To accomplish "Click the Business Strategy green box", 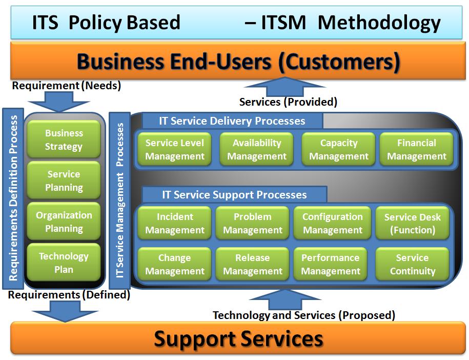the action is click(x=64, y=139).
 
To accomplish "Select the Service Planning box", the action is click(x=64, y=181).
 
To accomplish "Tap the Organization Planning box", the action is click(x=64, y=222).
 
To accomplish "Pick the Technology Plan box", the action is click(x=64, y=263).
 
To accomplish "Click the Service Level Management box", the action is click(x=175, y=149).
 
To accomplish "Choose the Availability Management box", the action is click(x=257, y=149).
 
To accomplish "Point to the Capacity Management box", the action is click(x=339, y=149).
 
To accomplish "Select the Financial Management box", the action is click(x=416, y=149).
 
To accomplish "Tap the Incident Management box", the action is click(x=175, y=223).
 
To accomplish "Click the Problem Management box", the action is click(x=253, y=223).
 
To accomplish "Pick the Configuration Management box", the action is click(x=332, y=223).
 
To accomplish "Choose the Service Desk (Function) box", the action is click(x=413, y=223).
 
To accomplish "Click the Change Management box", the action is click(x=175, y=264).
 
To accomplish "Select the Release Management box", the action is click(x=253, y=264).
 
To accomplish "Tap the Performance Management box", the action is click(x=330, y=264).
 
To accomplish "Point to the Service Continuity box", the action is click(x=413, y=264).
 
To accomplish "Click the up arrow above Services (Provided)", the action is click(x=284, y=87).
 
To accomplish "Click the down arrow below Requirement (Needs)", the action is click(x=59, y=102).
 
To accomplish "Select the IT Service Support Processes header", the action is click(x=235, y=194).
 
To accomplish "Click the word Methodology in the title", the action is click(x=379, y=23).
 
